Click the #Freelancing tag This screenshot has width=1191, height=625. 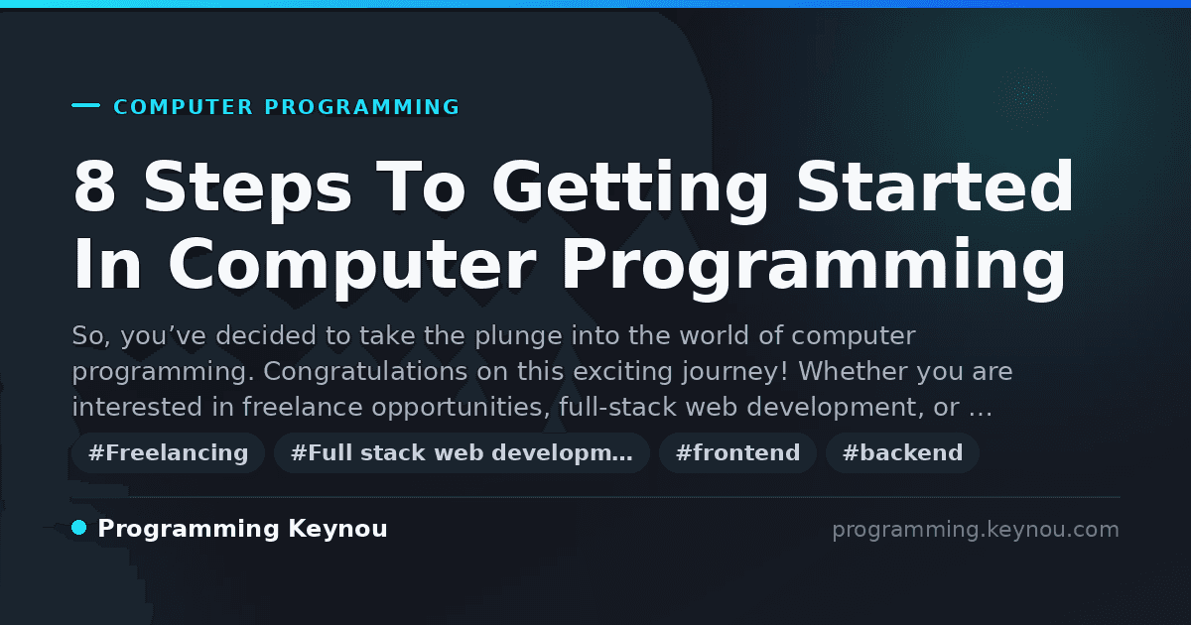(168, 452)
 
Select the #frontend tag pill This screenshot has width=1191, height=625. (737, 452)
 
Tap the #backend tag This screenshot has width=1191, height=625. (902, 452)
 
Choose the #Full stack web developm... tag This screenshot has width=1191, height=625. (462, 452)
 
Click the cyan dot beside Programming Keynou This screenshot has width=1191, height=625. (79, 528)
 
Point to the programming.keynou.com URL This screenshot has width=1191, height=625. (976, 530)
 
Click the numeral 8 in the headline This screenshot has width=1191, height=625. (94, 187)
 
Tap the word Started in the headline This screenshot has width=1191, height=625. (935, 187)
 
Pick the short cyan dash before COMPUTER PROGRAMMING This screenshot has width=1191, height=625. (85, 105)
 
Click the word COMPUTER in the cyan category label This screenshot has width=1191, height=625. (184, 107)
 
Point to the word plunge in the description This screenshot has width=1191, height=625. (518, 337)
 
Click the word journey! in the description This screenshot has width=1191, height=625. (735, 371)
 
